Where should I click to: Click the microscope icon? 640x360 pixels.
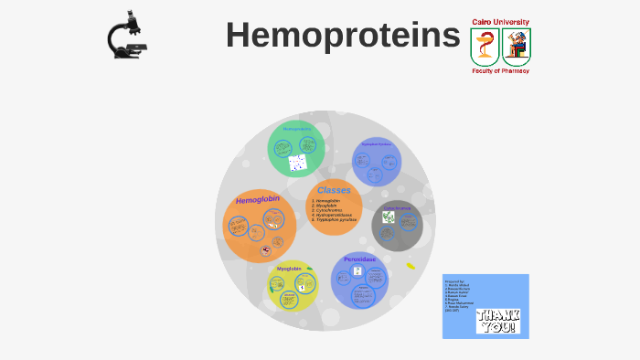tap(127, 36)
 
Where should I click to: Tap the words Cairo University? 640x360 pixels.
tap(500, 21)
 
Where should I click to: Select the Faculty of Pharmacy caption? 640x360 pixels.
tap(500, 70)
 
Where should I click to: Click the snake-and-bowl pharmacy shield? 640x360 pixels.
tap(485, 46)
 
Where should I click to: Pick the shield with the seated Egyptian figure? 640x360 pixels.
tap(516, 46)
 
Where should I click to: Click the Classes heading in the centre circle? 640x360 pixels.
tap(334, 190)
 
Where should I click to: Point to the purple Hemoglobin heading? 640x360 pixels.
tap(258, 199)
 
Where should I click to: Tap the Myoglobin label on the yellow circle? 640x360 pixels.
tap(289, 269)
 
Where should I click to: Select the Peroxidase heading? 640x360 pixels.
tap(360, 259)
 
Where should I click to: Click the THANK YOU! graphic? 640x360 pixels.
tap(496, 321)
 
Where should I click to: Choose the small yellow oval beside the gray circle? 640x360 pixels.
tap(411, 266)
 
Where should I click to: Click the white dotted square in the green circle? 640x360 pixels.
tap(297, 164)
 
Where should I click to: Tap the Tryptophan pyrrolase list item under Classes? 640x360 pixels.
tap(335, 220)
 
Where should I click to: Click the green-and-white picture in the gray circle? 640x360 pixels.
tap(389, 217)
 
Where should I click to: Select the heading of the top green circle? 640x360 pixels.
tap(296, 129)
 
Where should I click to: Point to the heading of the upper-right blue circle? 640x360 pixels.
tap(376, 143)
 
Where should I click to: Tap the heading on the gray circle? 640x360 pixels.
tap(397, 207)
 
